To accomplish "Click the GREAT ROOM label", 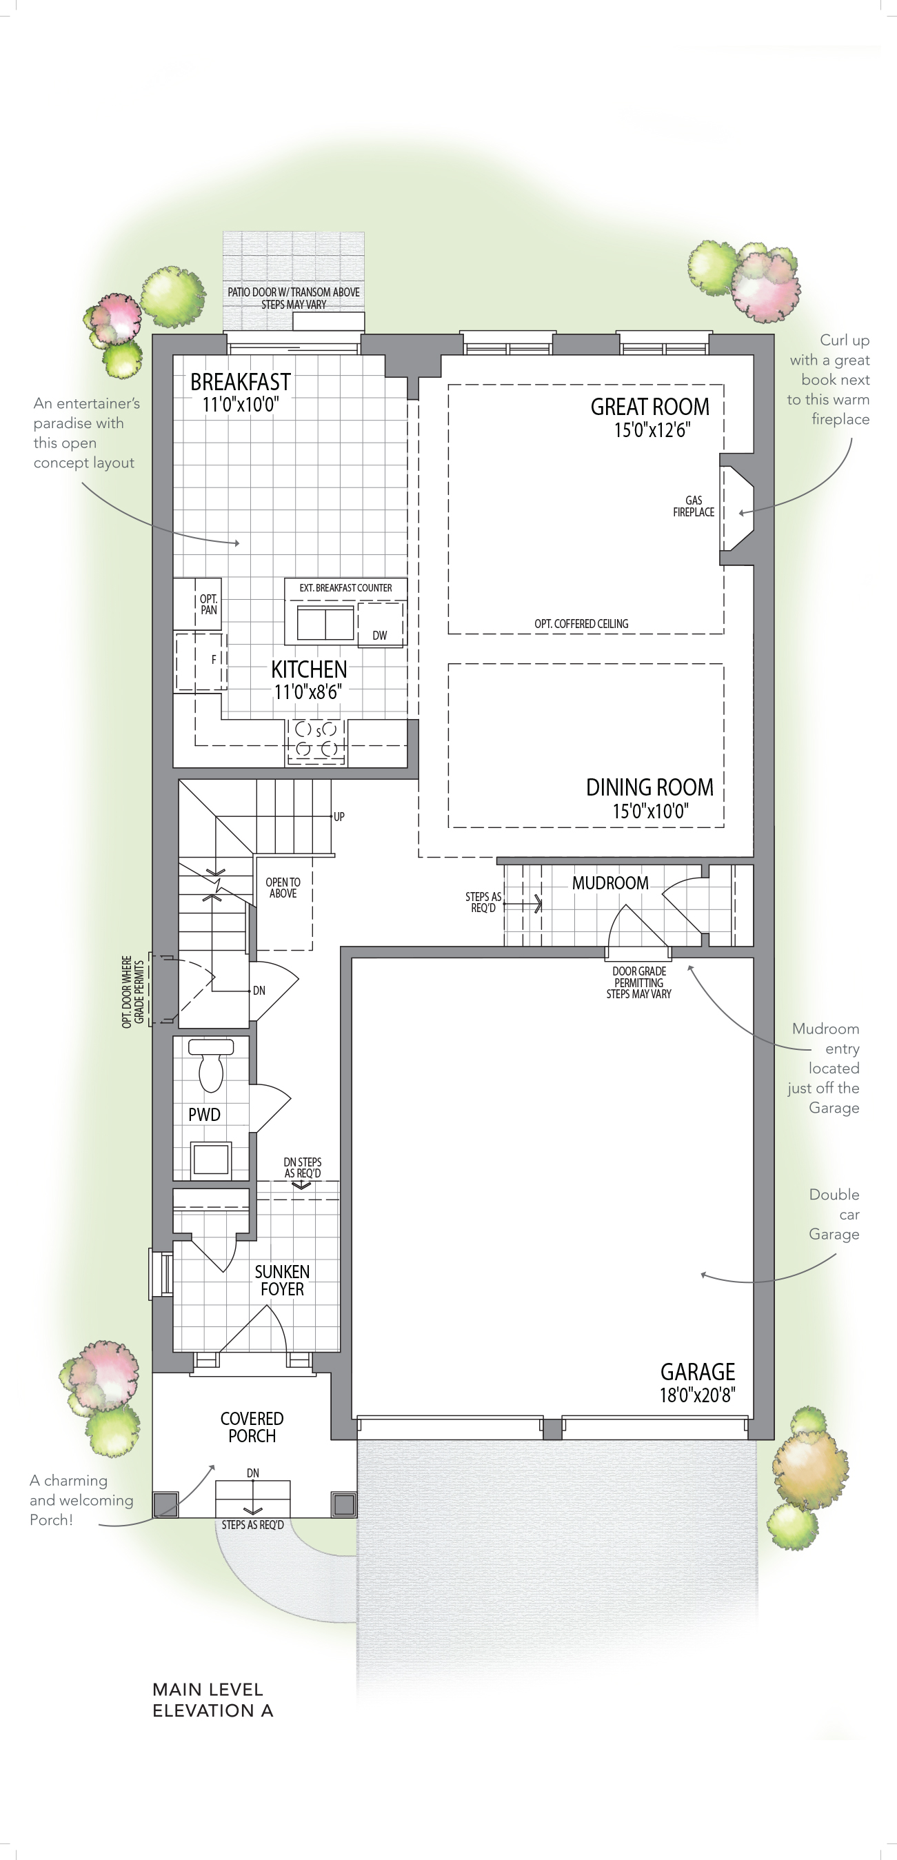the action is [650, 407].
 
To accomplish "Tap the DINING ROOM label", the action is [649, 787].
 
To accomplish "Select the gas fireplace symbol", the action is [736, 509].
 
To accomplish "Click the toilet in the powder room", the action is [211, 1065].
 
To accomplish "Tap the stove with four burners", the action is [316, 741].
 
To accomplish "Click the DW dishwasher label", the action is [380, 636].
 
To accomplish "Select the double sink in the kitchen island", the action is [325, 623].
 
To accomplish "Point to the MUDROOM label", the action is [610, 883].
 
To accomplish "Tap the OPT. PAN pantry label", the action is [209, 605].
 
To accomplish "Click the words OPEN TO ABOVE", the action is [283, 887].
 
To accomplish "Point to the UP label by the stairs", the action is [339, 817].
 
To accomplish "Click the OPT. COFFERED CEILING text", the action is [581, 624].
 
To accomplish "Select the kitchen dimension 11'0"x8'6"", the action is [308, 691].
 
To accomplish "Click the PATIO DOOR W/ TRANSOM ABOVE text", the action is [294, 292].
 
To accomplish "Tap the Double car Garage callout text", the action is [834, 1215].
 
